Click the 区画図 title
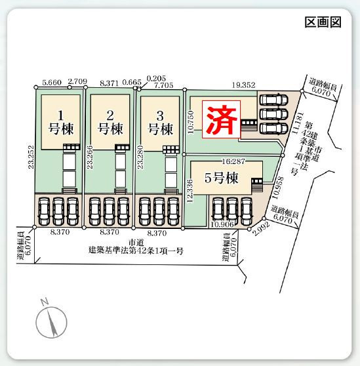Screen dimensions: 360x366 click(x=323, y=22)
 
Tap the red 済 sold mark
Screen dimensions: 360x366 click(x=221, y=119)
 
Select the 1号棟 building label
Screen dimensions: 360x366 click(x=61, y=123)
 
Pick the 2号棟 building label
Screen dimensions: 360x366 click(x=110, y=123)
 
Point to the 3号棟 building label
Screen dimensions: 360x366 click(x=160, y=123)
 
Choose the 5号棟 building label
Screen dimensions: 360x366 click(x=222, y=178)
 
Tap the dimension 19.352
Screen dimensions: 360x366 click(x=243, y=85)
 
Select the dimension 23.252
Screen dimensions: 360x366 click(x=31, y=157)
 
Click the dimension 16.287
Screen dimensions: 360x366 click(x=233, y=161)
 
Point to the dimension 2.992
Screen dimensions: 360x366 click(x=262, y=229)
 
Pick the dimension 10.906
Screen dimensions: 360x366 click(x=222, y=224)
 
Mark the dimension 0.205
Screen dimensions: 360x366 click(x=156, y=78)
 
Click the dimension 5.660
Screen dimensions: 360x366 click(x=52, y=83)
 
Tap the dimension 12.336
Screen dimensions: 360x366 click(x=190, y=191)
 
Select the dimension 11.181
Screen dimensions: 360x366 click(x=298, y=123)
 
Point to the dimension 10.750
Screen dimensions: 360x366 click(x=191, y=122)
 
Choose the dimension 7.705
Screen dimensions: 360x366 click(x=164, y=85)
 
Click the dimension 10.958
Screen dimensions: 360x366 click(x=278, y=188)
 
